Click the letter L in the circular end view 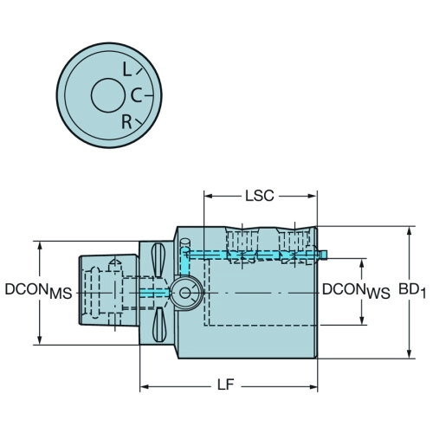pyautogui.click(x=126, y=69)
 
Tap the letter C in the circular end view pyautogui.click(x=136, y=95)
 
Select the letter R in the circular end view pyautogui.click(x=126, y=121)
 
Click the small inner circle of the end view pyautogui.click(x=107, y=95)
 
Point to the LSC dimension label pyautogui.click(x=259, y=196)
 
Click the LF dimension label pyautogui.click(x=225, y=385)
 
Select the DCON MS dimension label pyautogui.click(x=38, y=291)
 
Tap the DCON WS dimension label pyautogui.click(x=356, y=291)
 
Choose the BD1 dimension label pyautogui.click(x=412, y=290)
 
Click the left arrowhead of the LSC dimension pyautogui.click(x=209, y=197)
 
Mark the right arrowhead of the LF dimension pyautogui.click(x=313, y=387)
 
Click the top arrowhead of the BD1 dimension pyautogui.click(x=409, y=231)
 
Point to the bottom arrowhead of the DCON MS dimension pyautogui.click(x=40, y=339)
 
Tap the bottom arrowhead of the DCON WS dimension pyautogui.click(x=361, y=320)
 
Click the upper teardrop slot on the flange pyautogui.click(x=158, y=260)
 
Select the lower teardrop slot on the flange pyautogui.click(x=158, y=325)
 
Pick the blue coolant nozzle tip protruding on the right pyautogui.click(x=324, y=255)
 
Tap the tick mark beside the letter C pyautogui.click(x=148, y=95)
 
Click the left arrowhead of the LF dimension pyautogui.click(x=145, y=387)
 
